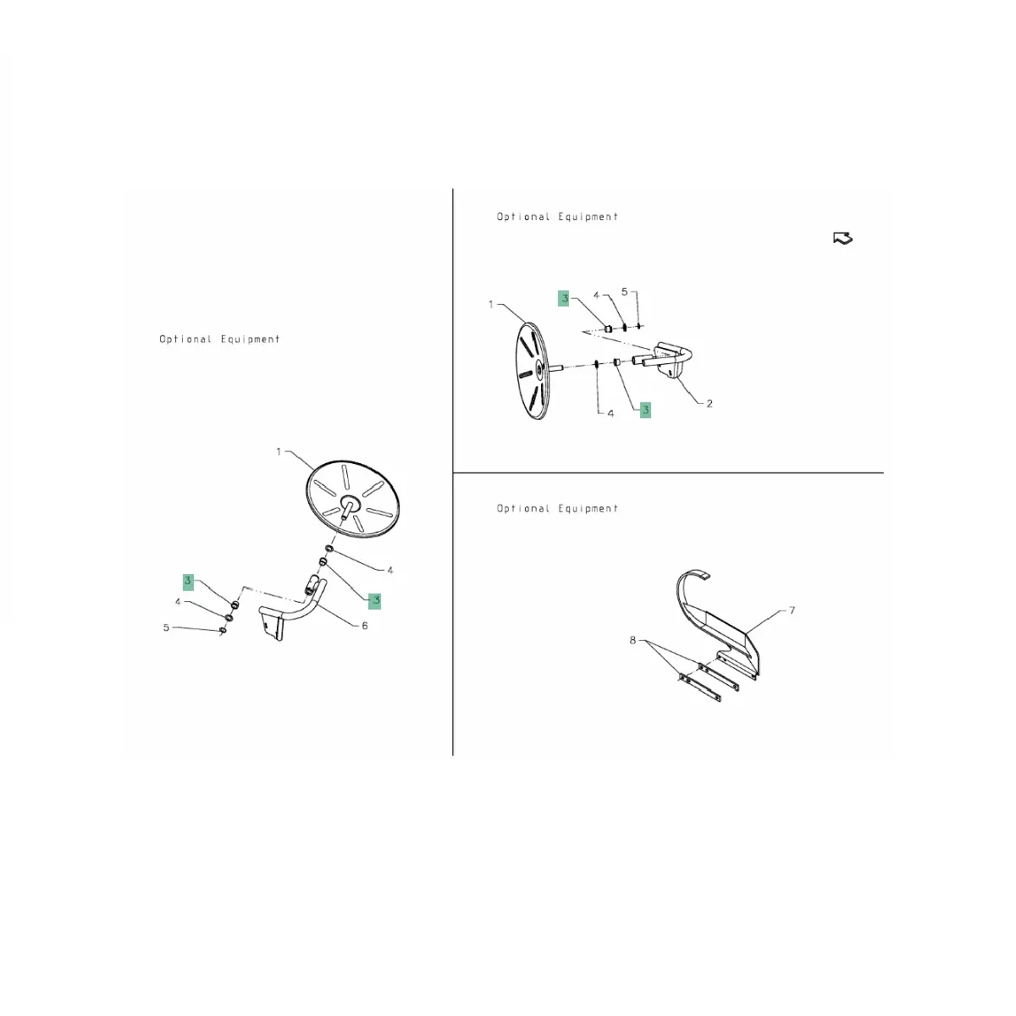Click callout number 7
click(792, 610)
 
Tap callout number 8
click(632, 640)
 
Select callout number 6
click(364, 626)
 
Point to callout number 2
click(710, 403)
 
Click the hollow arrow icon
click(842, 238)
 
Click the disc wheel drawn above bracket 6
click(352, 499)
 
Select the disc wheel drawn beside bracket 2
click(533, 371)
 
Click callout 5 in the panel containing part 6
click(166, 627)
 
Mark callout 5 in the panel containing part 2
click(624, 291)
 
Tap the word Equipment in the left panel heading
click(250, 339)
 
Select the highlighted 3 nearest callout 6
click(374, 600)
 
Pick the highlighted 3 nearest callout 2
click(645, 410)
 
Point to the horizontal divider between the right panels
click(668, 473)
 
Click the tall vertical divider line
click(452, 472)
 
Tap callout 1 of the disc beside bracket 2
click(491, 304)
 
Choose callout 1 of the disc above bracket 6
click(279, 451)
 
